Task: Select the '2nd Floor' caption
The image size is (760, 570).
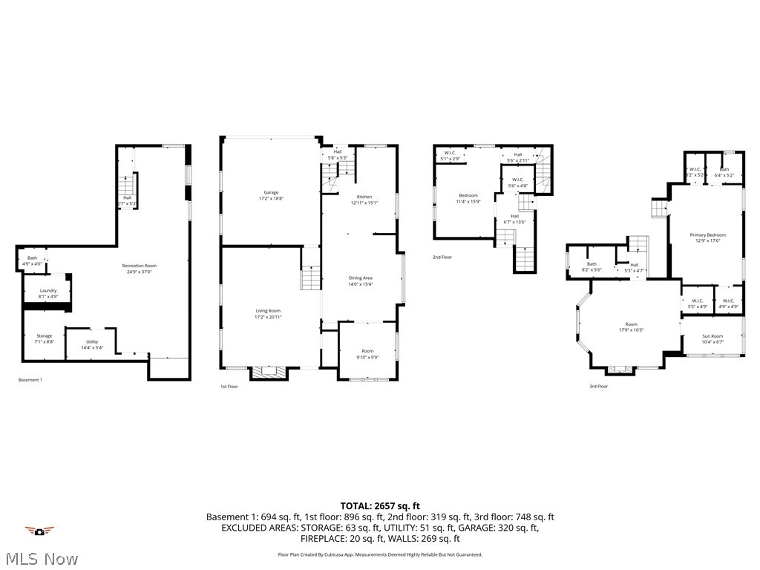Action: pos(442,257)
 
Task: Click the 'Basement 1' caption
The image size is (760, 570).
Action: pos(30,380)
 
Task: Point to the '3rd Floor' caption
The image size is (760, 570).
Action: pos(598,386)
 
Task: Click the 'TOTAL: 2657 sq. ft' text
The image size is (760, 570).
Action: pos(379,505)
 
